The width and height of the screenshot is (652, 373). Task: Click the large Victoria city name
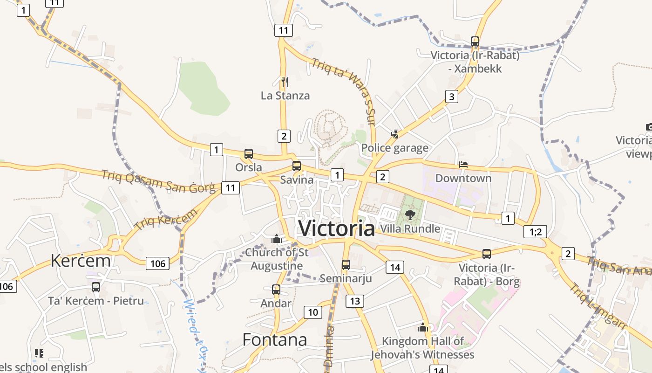(336, 228)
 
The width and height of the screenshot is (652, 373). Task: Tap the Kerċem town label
(81, 260)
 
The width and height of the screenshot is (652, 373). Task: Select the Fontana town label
(275, 339)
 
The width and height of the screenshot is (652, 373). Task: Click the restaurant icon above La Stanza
(285, 82)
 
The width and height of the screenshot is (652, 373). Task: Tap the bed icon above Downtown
(463, 165)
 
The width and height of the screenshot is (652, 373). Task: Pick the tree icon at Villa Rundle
(410, 214)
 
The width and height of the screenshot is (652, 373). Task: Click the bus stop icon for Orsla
(249, 154)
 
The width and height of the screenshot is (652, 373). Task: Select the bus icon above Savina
(297, 166)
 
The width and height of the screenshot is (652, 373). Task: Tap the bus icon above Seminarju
(346, 265)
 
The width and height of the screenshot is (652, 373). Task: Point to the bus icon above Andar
(276, 290)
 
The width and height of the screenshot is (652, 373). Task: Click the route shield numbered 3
(451, 97)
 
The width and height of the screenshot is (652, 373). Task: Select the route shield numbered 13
(355, 301)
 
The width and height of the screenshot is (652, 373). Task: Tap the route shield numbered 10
(313, 312)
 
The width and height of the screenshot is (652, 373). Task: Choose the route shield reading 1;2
(535, 231)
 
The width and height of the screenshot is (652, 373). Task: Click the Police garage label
(395, 148)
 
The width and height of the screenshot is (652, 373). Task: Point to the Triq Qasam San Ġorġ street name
(158, 181)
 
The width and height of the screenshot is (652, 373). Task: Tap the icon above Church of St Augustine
(277, 239)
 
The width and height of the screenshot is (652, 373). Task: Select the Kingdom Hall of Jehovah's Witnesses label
(422, 348)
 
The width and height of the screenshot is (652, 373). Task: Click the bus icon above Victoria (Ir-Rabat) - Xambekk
(475, 41)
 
